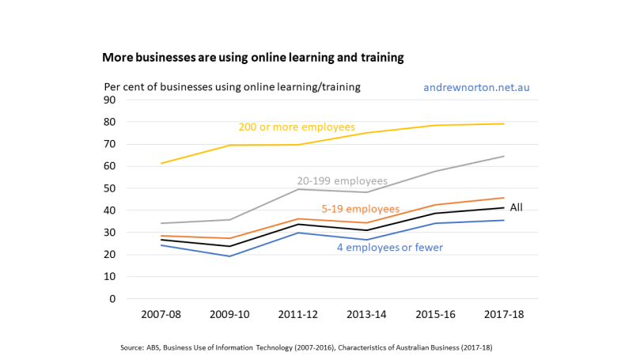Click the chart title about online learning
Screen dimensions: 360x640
point(253,58)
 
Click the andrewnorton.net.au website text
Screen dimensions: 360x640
point(476,87)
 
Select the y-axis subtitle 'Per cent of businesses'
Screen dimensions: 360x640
point(232,87)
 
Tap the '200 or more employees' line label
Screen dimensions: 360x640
point(297,127)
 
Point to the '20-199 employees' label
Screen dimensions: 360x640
point(342,181)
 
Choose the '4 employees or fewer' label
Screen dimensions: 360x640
point(389,248)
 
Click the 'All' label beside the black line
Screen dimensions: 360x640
point(516,207)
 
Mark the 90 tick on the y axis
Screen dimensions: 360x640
point(111,100)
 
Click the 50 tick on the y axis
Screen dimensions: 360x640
point(111,189)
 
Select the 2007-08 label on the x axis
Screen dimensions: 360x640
point(161,314)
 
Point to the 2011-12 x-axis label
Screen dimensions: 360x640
point(298,314)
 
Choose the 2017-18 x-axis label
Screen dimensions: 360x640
point(504,314)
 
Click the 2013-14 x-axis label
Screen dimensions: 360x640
point(367,314)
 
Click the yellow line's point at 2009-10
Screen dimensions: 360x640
point(229,145)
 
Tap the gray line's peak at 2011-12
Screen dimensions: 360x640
point(298,189)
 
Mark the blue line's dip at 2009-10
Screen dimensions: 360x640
point(229,256)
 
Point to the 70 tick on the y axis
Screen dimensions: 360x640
point(111,145)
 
